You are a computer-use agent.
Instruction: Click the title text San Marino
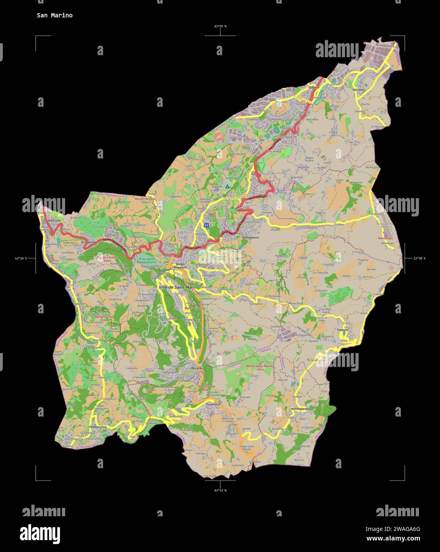54,15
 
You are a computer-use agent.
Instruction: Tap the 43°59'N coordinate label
220,26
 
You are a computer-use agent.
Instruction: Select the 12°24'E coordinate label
21,259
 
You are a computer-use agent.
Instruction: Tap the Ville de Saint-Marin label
178,287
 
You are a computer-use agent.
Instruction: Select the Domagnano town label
250,237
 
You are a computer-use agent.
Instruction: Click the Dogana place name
314,87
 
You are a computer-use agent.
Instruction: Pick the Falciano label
358,90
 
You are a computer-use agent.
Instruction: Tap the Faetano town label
342,330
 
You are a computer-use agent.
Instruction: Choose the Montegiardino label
301,409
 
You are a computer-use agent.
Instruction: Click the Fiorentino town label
213,404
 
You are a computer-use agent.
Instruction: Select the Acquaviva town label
88,241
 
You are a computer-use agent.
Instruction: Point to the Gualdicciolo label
52,220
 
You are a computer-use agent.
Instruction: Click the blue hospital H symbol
206,225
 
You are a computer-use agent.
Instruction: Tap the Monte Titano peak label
193,308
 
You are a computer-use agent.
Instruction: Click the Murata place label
197,369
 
